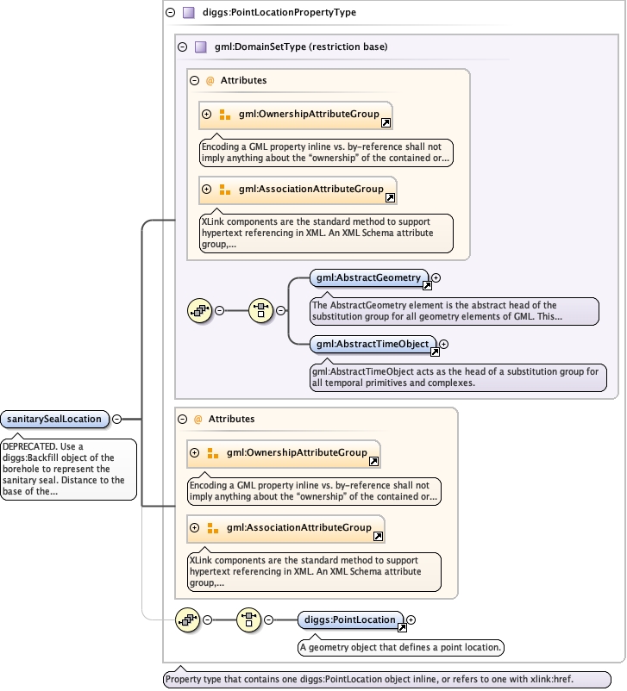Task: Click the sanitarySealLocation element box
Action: click(x=54, y=419)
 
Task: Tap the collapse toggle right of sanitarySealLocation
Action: click(x=117, y=419)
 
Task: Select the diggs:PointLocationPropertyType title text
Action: click(x=279, y=12)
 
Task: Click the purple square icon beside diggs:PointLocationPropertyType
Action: click(x=189, y=12)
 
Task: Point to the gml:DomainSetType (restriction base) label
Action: click(x=301, y=47)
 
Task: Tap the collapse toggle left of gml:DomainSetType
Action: click(x=182, y=47)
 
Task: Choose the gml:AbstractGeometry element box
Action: click(x=369, y=278)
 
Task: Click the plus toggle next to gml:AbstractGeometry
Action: click(x=436, y=277)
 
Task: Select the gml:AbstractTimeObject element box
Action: click(x=373, y=344)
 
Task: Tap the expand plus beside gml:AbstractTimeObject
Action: click(x=444, y=344)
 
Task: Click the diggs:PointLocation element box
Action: click(x=351, y=620)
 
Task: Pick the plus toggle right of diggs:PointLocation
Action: click(x=411, y=620)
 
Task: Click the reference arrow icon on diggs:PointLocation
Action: click(x=402, y=627)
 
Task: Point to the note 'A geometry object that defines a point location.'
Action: click(x=401, y=647)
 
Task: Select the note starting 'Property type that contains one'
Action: click(x=387, y=679)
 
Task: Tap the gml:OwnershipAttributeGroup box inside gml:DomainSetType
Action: click(x=296, y=115)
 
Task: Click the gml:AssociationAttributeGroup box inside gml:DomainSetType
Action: click(x=298, y=190)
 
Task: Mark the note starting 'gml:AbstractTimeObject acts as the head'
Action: click(x=458, y=377)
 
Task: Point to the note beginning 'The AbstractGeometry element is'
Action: click(x=455, y=311)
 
